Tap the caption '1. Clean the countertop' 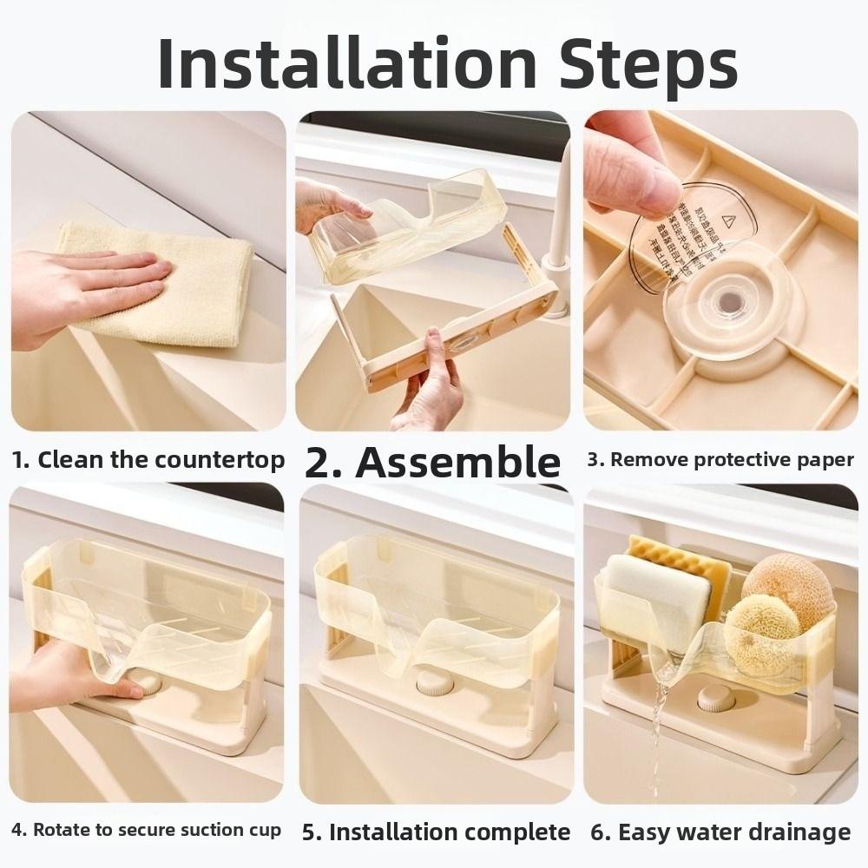tap(148, 459)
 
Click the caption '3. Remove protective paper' tap(720, 459)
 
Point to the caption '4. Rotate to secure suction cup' tap(145, 829)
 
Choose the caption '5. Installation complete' tap(436, 832)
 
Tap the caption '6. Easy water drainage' tap(720, 832)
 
